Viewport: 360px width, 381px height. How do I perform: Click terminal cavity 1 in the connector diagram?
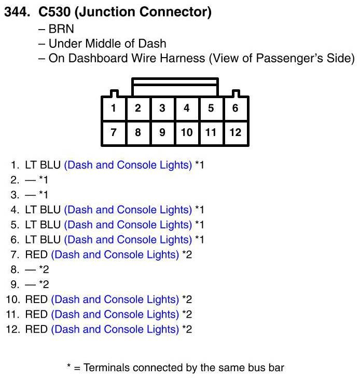113,108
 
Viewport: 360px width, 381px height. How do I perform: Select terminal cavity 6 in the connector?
235,108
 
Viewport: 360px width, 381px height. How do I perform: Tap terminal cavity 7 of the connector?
113,132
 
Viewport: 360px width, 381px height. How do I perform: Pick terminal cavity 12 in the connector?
235,132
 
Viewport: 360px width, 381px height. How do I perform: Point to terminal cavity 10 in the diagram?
186,132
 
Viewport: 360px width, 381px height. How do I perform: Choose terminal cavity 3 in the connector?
162,108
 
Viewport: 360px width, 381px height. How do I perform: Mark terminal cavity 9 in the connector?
162,132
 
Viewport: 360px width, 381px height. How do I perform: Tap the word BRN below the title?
61,29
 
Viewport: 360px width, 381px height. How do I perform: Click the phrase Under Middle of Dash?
107,44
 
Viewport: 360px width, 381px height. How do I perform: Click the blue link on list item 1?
128,165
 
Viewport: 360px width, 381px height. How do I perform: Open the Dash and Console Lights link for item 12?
115,329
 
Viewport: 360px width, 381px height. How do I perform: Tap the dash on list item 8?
30,269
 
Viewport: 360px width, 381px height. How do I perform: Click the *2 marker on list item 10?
187,300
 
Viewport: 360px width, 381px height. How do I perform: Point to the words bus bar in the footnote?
265,368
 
